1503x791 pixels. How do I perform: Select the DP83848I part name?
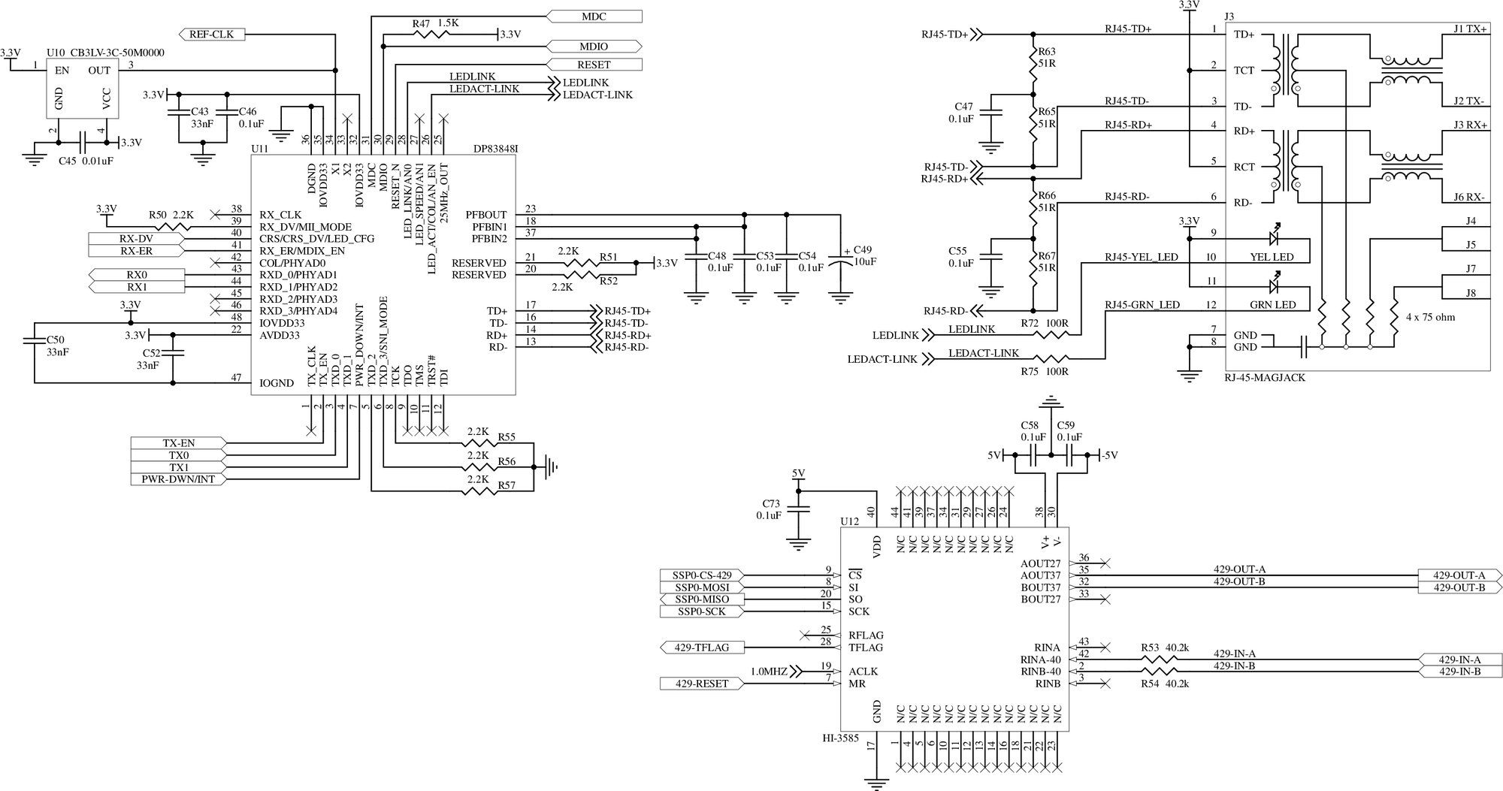[x=495, y=149]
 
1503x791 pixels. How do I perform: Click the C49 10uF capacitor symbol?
[x=840, y=262]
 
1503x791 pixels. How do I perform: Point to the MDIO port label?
[x=594, y=47]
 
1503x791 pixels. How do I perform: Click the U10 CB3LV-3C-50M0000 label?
[x=105, y=53]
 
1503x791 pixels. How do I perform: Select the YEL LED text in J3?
[x=1272, y=257]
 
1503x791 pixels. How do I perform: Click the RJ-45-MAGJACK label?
[x=1265, y=378]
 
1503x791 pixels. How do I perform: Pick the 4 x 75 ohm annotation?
[x=1430, y=317]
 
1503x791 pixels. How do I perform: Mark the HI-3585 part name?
[x=840, y=738]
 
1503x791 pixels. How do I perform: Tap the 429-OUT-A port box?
[x=1459, y=575]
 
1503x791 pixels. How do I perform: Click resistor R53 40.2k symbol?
[x=1159, y=660]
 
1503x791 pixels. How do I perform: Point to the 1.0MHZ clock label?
[x=769, y=672]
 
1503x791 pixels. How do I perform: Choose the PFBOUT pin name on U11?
[x=485, y=215]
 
